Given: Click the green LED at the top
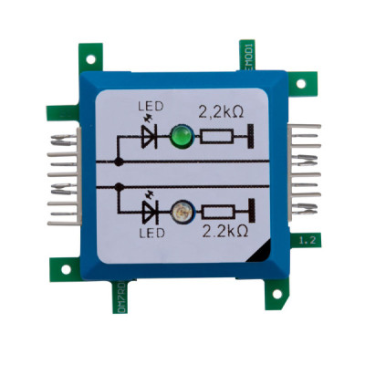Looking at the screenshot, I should click(x=181, y=138).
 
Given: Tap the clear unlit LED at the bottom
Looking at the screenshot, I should click(x=181, y=212).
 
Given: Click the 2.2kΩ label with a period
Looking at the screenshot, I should click(x=225, y=231).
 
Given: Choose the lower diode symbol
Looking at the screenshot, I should click(x=149, y=212).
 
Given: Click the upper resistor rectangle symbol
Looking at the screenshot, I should click(x=217, y=139).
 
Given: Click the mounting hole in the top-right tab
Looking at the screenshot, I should click(x=299, y=83).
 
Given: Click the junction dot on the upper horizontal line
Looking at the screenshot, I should click(x=119, y=161).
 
